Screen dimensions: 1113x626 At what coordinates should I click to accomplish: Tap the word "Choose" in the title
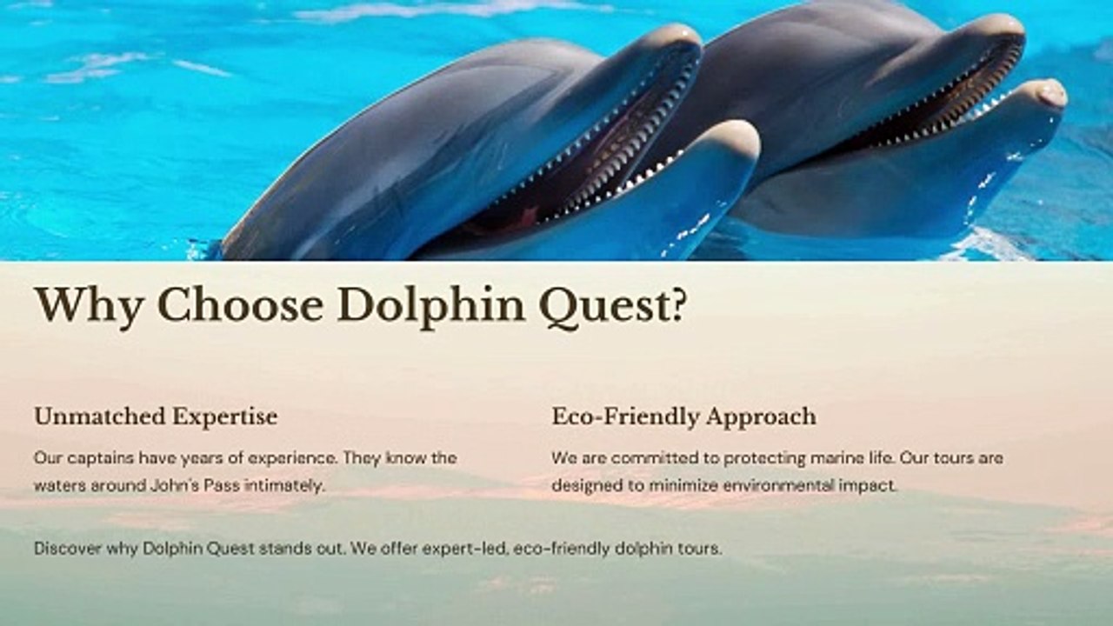241,304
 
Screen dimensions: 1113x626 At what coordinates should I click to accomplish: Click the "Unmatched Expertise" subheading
156,416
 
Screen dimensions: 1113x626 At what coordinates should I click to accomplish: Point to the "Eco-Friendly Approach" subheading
683,416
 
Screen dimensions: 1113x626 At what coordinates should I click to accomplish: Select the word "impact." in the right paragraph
867,485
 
